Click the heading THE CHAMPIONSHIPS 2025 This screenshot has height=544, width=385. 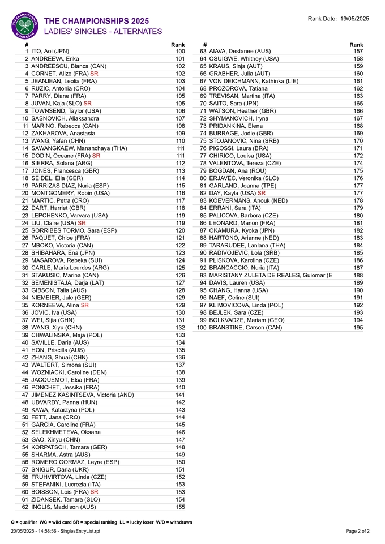coord(96,21)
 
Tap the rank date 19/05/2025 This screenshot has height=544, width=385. coord(354,19)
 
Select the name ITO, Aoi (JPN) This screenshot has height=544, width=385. coord(50,51)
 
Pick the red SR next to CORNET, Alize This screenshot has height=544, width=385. coord(94,74)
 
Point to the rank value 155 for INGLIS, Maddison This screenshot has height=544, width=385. coord(180,507)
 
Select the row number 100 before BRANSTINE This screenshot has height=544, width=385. coord(202,328)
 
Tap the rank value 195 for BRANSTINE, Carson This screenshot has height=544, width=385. coord(358,328)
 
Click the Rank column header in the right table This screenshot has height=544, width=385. coord(356,45)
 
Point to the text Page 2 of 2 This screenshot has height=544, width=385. coord(358,531)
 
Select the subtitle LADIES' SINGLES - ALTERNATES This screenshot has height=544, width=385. coord(103,32)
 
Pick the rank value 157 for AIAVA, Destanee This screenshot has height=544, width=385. coord(358,51)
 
